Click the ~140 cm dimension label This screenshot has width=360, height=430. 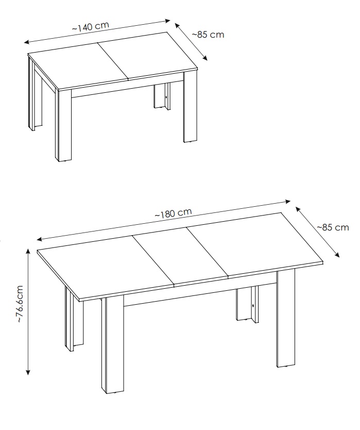[91, 26]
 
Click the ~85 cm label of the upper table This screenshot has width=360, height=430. [208, 35]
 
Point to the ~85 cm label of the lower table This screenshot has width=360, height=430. [333, 227]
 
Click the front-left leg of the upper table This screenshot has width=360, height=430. [63, 125]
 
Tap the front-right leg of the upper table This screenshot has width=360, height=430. [191, 107]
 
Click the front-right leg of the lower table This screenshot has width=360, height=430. [285, 319]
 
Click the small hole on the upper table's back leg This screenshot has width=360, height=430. [166, 97]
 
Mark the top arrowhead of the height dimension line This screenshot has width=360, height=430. [28, 251]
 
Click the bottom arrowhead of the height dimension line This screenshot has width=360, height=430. [28, 372]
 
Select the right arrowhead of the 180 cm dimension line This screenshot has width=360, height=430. [288, 202]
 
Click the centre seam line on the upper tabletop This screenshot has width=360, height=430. [113, 61]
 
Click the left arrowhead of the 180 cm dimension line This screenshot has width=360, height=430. [40, 239]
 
